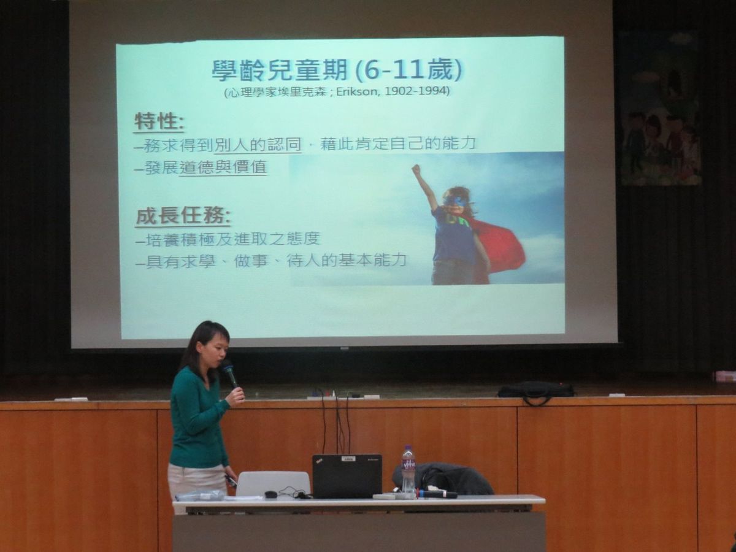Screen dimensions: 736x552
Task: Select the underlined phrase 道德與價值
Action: [x=223, y=167]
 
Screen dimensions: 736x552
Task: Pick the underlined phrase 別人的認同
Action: [x=258, y=144]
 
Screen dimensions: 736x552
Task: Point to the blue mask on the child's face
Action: [x=454, y=203]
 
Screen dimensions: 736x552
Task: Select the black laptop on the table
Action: [x=347, y=476]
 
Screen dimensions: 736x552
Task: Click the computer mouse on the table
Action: [x=270, y=494]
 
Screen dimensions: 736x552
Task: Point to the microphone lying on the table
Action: [x=437, y=494]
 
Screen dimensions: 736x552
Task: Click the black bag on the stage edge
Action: [x=535, y=391]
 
